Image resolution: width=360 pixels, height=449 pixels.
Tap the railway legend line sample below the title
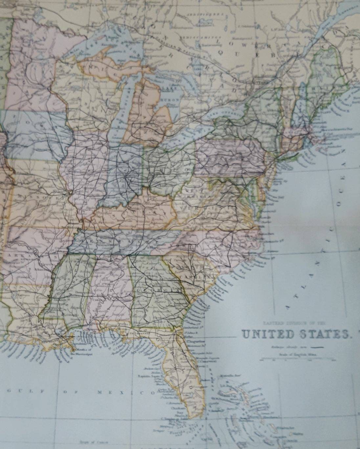coord(317,347)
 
